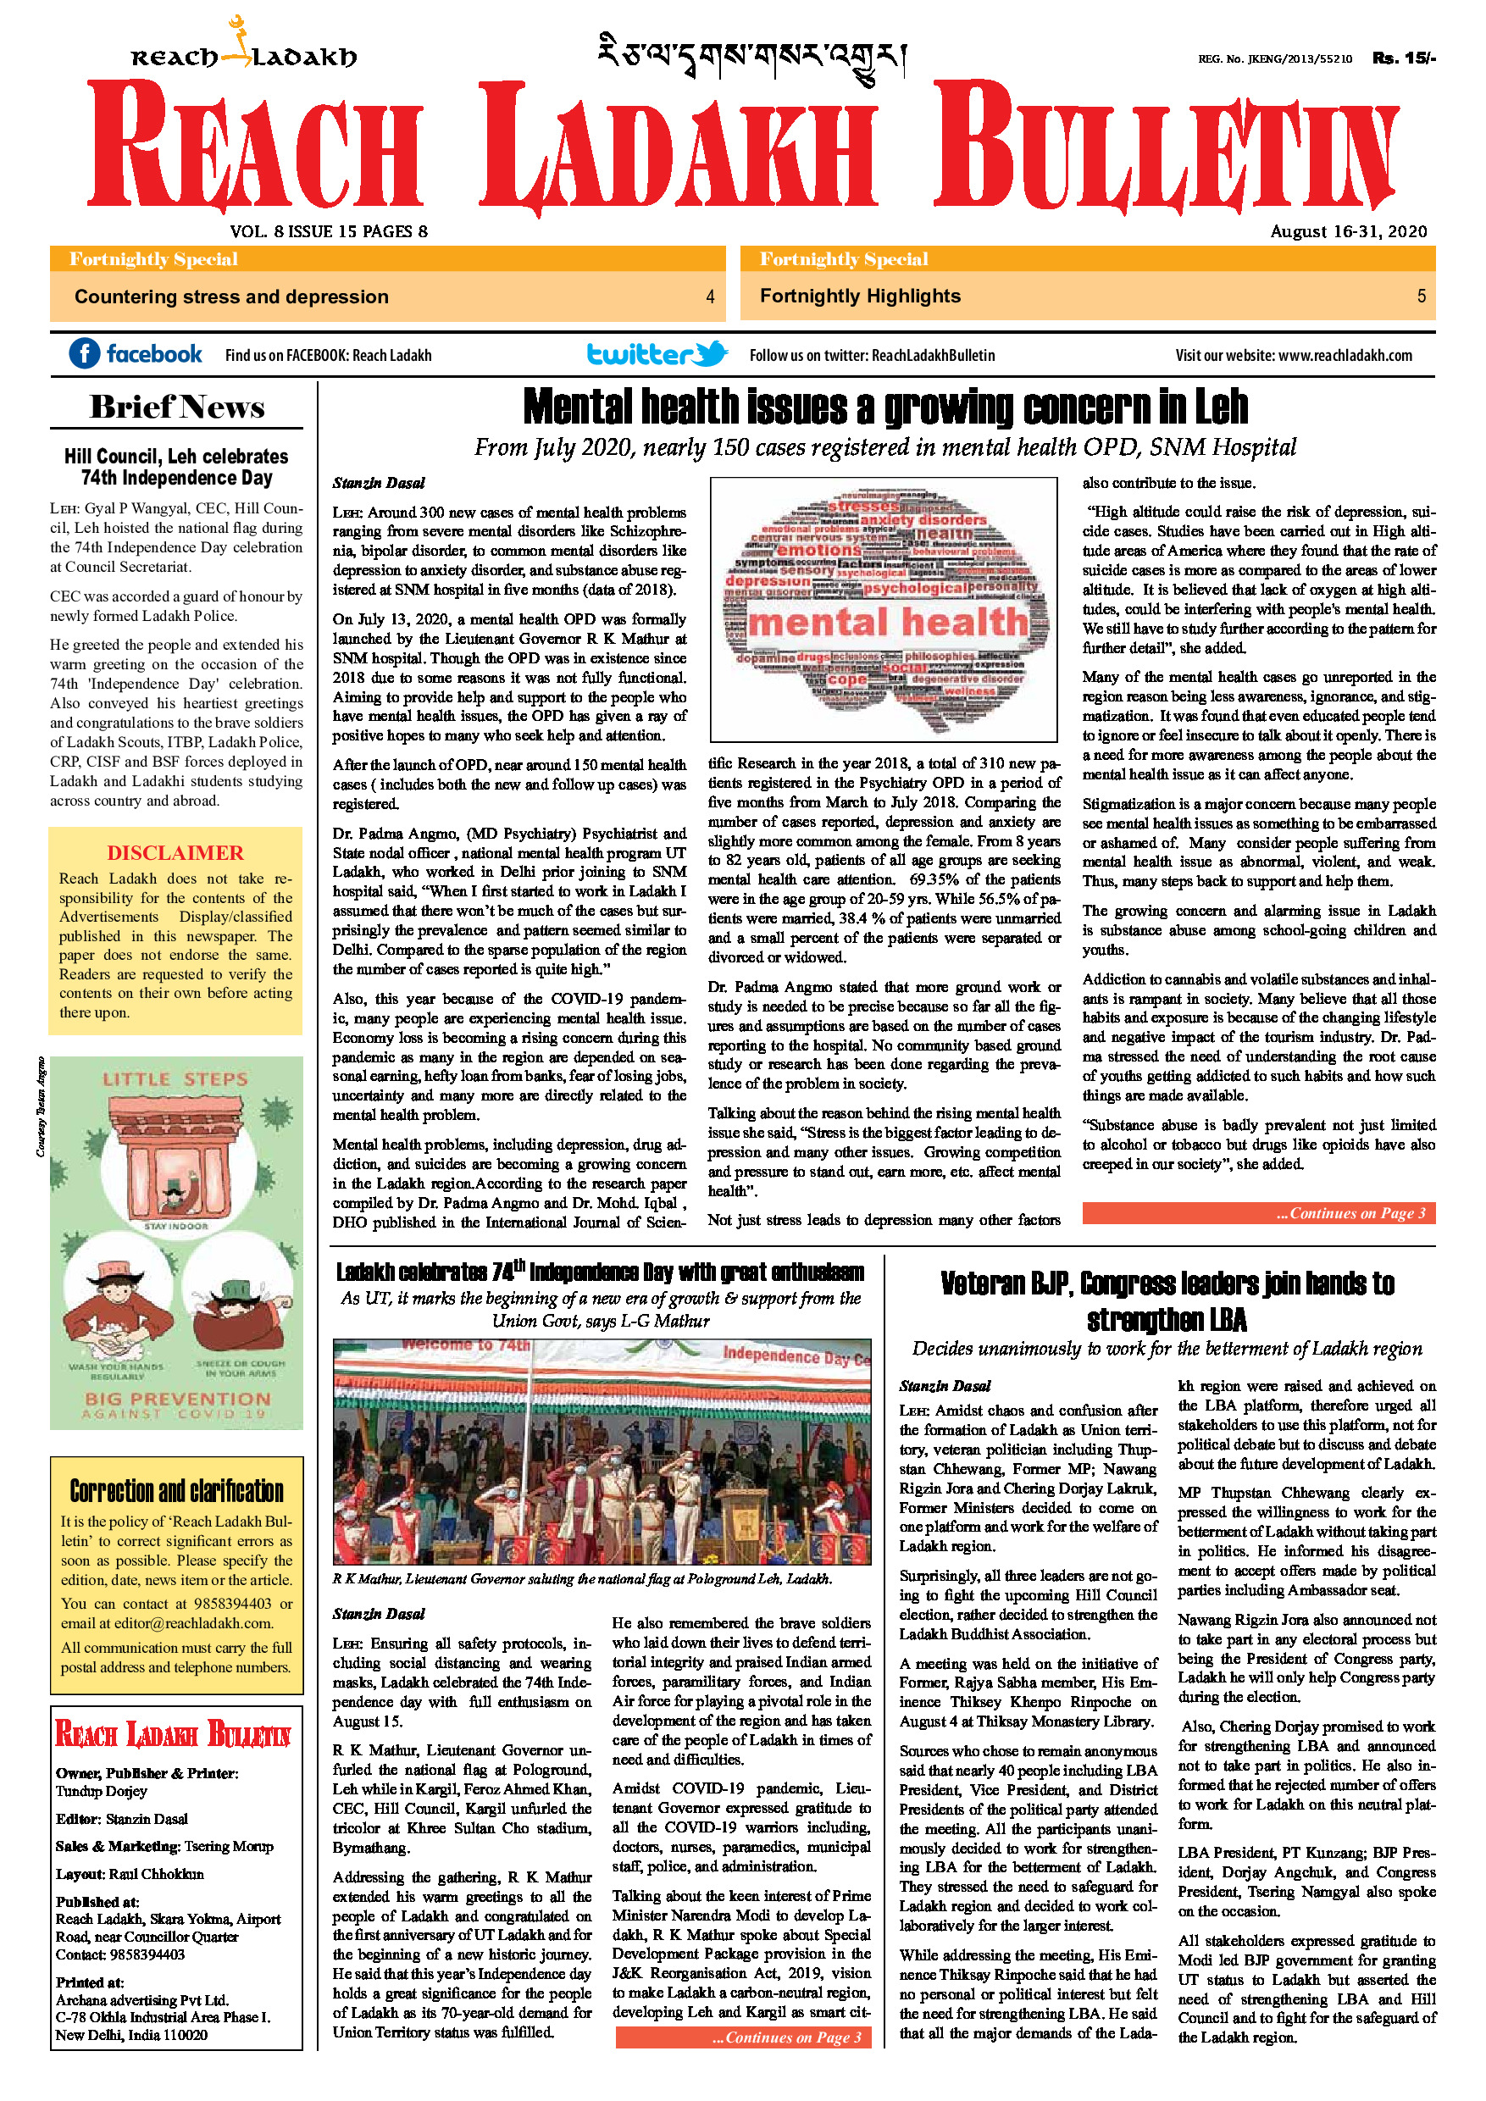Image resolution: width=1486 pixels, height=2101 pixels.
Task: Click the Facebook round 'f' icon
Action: pos(84,353)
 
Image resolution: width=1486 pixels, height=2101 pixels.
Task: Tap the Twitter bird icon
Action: pos(711,353)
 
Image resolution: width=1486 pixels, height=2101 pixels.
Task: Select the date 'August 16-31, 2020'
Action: pos(1348,231)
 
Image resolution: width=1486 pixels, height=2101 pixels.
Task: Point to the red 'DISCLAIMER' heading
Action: pos(175,853)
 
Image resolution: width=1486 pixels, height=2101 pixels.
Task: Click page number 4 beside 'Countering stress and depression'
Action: pos(710,297)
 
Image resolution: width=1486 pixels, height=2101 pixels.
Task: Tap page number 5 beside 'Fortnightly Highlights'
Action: pos(1421,297)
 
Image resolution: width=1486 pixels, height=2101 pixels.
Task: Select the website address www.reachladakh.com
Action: pos(1345,355)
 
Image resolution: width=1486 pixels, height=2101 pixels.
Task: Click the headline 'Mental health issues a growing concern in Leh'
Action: pos(884,407)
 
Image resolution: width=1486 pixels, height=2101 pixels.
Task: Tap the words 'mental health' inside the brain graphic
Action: pos(888,624)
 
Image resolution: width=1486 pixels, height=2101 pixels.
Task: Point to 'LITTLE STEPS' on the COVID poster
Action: pos(175,1080)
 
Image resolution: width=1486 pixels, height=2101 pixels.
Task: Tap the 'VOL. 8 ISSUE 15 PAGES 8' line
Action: pos(329,231)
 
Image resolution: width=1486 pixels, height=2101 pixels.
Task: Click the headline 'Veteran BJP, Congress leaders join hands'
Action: pos(1167,1301)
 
